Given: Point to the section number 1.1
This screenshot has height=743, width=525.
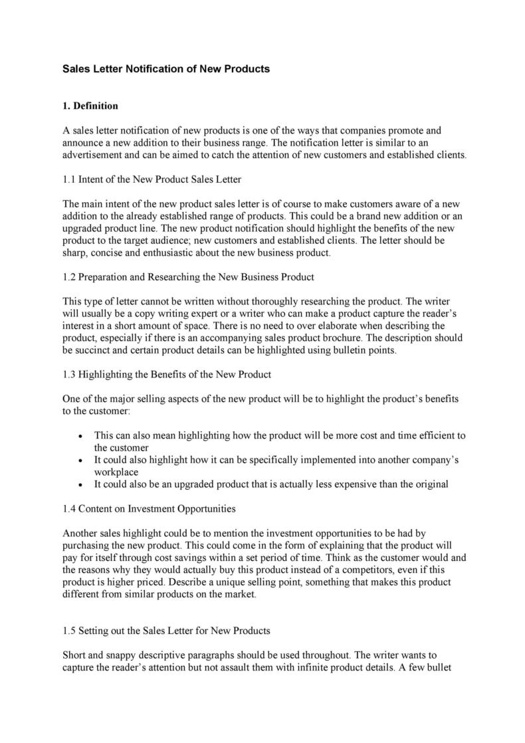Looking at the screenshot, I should (x=69, y=179).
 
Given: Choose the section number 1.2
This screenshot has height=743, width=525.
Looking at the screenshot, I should (x=69, y=276).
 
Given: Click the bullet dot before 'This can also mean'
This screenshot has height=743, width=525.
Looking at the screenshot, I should (x=80, y=436).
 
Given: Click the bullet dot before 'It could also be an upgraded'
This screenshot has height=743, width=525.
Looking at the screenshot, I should (x=80, y=484).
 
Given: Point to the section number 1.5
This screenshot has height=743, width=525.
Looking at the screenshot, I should (x=69, y=630).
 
